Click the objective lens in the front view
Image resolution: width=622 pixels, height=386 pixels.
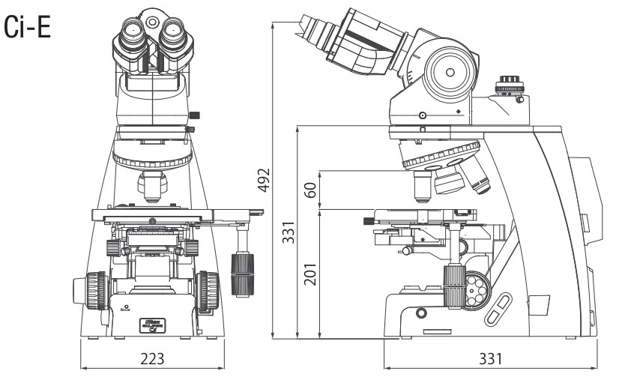click(x=151, y=187)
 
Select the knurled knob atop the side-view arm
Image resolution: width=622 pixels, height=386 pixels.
click(x=510, y=80)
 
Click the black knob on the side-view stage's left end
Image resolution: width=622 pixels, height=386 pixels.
click(x=368, y=221)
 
